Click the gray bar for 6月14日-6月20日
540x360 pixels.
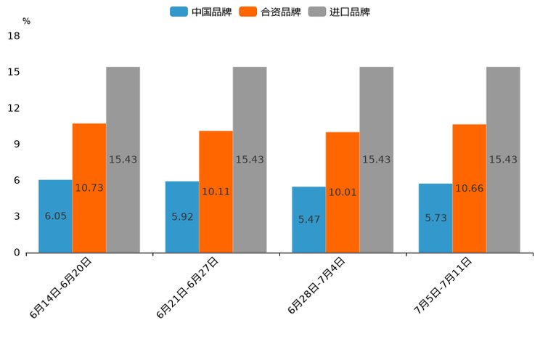(123, 160)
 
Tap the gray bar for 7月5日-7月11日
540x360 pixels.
(503, 160)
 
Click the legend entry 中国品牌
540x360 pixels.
(201, 12)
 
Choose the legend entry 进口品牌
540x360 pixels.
(340, 12)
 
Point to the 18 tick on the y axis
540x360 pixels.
(14, 36)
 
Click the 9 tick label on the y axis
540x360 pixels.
(17, 144)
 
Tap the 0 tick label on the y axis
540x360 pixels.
(17, 253)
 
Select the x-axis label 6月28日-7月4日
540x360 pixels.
(316, 286)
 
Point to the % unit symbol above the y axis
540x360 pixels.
(26, 21)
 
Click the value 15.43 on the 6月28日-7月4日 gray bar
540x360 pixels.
(377, 160)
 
